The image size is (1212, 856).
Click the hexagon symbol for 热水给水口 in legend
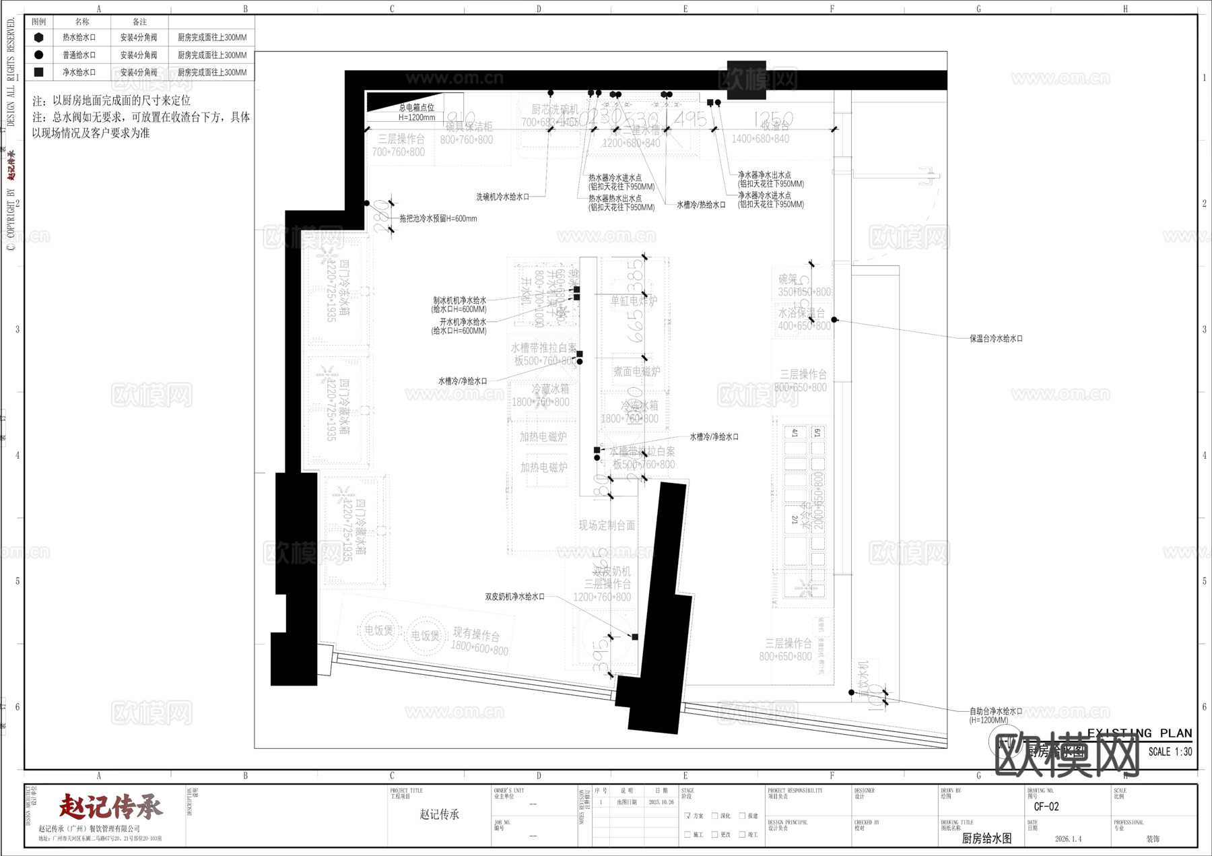click(38, 38)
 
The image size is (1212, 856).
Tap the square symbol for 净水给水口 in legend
click(38, 72)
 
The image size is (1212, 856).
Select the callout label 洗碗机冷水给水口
click(502, 197)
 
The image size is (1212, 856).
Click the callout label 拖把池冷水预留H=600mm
click(438, 219)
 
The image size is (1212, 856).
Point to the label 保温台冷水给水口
click(996, 339)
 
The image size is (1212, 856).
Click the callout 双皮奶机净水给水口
click(514, 597)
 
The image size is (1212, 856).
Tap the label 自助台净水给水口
click(996, 711)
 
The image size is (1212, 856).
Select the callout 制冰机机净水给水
click(459, 300)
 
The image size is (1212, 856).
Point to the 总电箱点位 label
click(416, 108)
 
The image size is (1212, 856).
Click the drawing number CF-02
click(1046, 807)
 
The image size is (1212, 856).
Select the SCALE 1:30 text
click(1170, 752)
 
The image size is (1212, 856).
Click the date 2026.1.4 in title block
click(1068, 839)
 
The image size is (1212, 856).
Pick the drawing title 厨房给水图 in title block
click(986, 838)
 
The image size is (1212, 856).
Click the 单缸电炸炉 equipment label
click(633, 301)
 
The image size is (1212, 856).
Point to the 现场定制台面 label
click(607, 525)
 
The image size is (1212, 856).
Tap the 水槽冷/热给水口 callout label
click(701, 205)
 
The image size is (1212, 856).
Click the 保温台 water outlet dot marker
click(834, 320)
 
